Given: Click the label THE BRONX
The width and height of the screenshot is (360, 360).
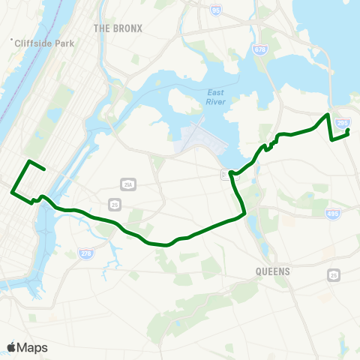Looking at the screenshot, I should pyautogui.click(x=118, y=28).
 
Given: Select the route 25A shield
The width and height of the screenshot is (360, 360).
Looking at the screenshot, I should pyautogui.click(x=127, y=184).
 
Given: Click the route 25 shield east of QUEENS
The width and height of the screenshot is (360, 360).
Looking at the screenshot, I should pyautogui.click(x=333, y=274).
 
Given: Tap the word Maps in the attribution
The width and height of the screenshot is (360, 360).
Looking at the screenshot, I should pyautogui.click(x=32, y=347).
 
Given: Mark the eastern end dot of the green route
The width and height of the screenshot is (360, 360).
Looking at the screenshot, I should pyautogui.click(x=348, y=131).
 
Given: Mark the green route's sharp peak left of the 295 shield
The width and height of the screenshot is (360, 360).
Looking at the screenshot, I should pyautogui.click(x=327, y=114).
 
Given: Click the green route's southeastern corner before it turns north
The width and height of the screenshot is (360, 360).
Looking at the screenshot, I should pyautogui.click(x=245, y=215).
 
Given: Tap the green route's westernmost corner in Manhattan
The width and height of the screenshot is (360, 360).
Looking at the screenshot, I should pyautogui.click(x=12, y=192).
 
